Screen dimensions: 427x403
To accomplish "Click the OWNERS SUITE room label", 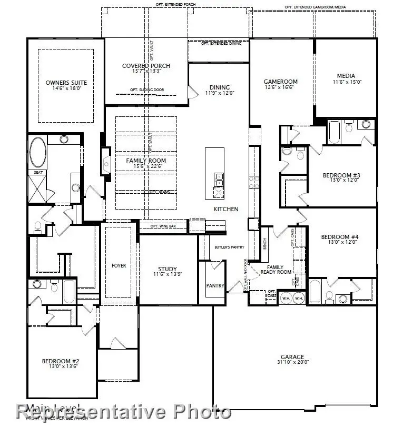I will (x=66, y=83).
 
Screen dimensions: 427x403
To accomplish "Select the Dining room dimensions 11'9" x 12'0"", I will (x=219, y=93).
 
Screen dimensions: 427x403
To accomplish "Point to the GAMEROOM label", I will (x=281, y=82).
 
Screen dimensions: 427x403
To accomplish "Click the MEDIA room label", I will (x=346, y=76).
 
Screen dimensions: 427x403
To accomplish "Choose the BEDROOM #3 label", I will (x=341, y=175).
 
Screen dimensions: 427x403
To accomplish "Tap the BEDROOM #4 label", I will (x=340, y=237).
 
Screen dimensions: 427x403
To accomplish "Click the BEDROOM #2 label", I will (x=61, y=361).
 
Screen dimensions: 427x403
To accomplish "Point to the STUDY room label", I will (x=168, y=269).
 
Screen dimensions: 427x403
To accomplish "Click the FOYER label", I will (x=119, y=266).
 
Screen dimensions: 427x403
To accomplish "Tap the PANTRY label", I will (x=215, y=286).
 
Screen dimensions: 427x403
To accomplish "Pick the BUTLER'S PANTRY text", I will (x=229, y=247).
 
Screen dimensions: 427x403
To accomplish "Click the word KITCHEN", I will (x=225, y=209).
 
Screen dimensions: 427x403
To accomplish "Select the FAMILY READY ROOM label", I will (x=276, y=270).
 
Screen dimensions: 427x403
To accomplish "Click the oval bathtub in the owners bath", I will (x=37, y=152).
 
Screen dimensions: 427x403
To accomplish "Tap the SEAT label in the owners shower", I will (x=38, y=172).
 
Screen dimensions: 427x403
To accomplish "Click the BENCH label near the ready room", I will (x=265, y=243).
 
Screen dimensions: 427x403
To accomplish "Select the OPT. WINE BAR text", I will (x=162, y=226).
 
